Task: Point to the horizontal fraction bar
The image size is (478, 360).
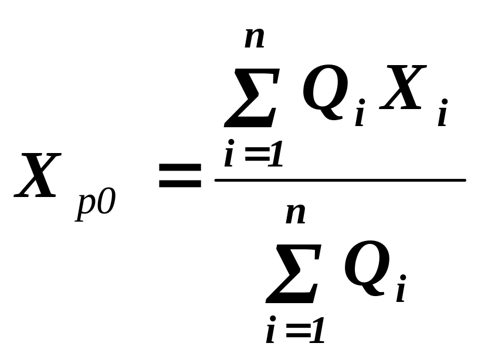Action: tap(340, 180)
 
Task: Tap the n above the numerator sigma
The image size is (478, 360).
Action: tap(255, 39)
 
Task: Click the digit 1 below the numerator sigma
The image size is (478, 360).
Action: tap(273, 156)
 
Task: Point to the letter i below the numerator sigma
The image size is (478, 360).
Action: tap(229, 155)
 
